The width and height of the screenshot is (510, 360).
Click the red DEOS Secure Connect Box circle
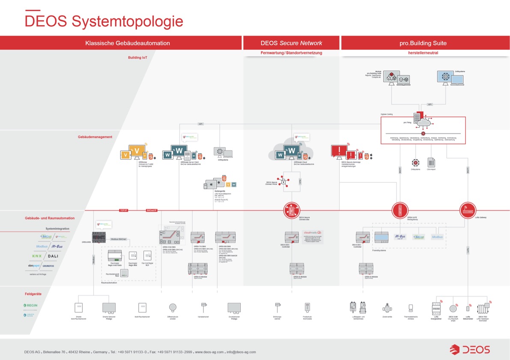[292, 210]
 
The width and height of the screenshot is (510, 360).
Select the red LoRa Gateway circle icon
[468, 210]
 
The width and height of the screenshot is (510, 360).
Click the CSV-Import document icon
[431, 163]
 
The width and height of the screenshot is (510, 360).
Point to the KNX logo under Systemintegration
[37, 256]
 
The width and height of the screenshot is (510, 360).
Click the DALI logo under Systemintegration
[53, 256]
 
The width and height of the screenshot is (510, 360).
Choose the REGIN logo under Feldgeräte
[30, 305]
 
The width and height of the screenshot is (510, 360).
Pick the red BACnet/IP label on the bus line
[152, 211]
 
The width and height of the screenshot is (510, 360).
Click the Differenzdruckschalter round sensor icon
[173, 307]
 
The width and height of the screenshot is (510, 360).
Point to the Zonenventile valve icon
[387, 308]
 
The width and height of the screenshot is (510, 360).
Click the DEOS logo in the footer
[470, 349]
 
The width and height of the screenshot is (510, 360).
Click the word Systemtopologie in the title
[127, 21]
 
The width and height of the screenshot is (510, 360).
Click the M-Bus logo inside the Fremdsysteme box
[400, 237]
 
